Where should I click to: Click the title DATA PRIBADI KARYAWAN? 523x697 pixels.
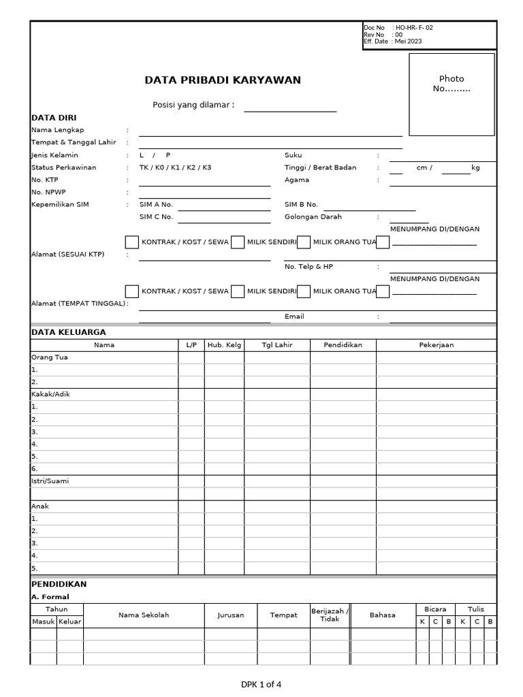coord(223,80)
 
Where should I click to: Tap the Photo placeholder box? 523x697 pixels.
coord(451,94)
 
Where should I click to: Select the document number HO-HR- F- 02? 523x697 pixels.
coord(414,28)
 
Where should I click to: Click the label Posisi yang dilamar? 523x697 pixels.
coord(193,105)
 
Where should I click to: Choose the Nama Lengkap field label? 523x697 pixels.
coord(58,130)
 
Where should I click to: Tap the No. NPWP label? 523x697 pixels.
coord(49,192)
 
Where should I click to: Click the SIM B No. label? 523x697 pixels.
coord(301,204)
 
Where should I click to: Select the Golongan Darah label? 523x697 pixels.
coord(313,217)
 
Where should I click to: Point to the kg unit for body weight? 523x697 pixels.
coord(475,167)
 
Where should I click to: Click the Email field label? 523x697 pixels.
coord(294,317)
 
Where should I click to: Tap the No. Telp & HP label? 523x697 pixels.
coord(308,267)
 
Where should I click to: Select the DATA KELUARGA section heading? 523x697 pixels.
coord(69,332)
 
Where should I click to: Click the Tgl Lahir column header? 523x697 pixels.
coord(277,345)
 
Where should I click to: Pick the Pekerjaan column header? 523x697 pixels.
coord(436,345)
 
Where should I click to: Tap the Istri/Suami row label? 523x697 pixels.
coord(50,481)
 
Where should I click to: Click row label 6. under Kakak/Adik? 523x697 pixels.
coord(35,469)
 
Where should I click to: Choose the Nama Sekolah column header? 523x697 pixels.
coord(144,615)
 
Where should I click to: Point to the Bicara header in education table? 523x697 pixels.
coord(435,609)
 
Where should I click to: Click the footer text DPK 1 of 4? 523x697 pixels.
coord(261,685)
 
